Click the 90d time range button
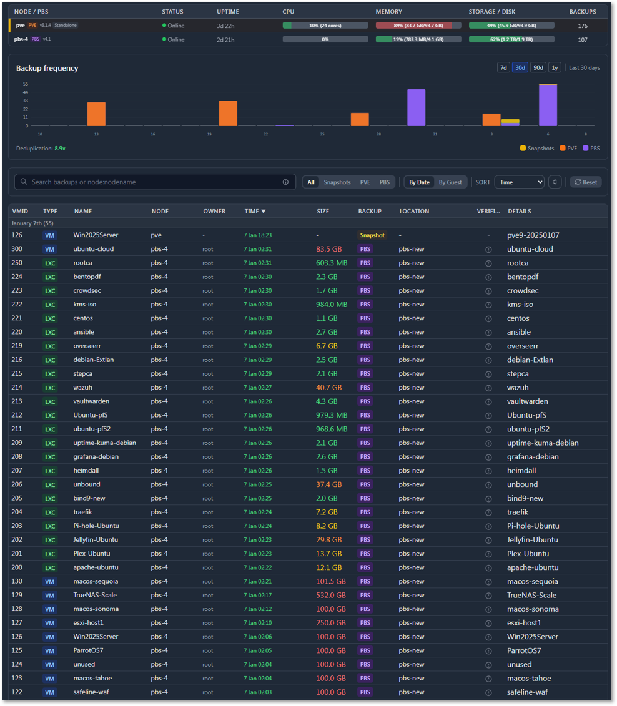[x=538, y=67]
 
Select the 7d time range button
[x=503, y=67]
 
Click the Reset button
[x=585, y=182]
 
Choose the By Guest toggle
[x=450, y=182]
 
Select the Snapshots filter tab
[x=337, y=182]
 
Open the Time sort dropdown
[x=519, y=182]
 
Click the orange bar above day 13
[x=96, y=114]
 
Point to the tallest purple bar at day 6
[x=548, y=105]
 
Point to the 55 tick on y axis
[x=26, y=84]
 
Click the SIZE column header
[x=323, y=211]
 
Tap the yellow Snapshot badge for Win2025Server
[x=372, y=235]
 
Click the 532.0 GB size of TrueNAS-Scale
[x=331, y=595]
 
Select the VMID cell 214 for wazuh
[x=17, y=387]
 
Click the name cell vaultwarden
[x=92, y=401]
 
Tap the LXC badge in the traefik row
[x=49, y=512]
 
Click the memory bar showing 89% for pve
[x=418, y=26]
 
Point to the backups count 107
[x=582, y=39]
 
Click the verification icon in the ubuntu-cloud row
[x=488, y=249]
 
